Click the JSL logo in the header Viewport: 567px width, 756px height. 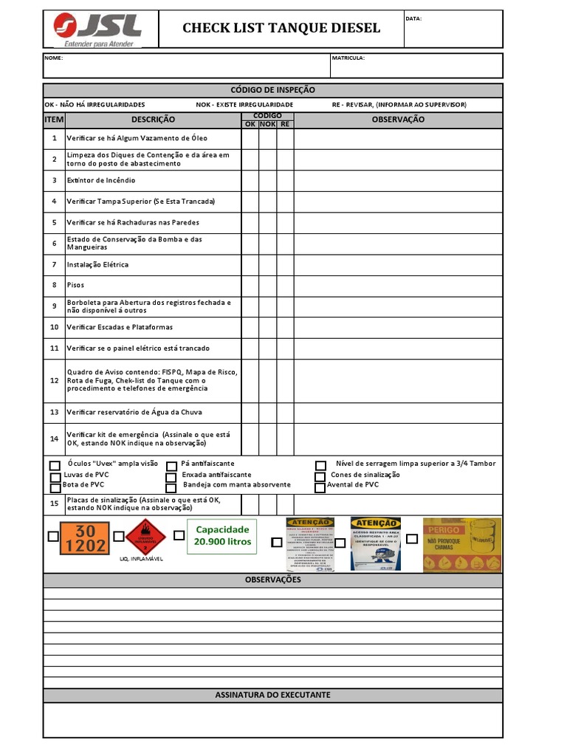97,29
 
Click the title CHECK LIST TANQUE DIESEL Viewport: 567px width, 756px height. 281,29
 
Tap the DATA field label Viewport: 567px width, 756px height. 413,18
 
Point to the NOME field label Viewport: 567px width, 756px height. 54,58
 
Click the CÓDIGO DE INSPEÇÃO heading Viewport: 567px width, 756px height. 272,90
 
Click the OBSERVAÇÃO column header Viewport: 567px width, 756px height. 398,120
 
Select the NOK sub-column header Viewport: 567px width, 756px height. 267,124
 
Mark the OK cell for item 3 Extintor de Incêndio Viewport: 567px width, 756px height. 250,180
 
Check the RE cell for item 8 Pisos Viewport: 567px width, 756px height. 286,285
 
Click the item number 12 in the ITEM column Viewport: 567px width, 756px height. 54,380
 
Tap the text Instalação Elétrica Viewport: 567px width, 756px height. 97,264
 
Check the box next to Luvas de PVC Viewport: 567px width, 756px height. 55,476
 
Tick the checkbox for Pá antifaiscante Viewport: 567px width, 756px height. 171,466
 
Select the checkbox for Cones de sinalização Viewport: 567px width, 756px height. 320,476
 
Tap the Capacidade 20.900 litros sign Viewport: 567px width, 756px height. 222,535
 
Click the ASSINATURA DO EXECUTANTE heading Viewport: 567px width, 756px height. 272,695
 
